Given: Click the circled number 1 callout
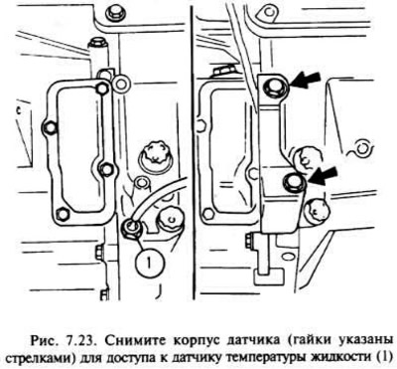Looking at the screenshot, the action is coord(149,262).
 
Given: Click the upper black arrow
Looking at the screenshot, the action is coord(306,82).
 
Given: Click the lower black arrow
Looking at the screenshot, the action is coord(323,176).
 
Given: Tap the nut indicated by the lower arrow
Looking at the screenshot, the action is coord(292,181).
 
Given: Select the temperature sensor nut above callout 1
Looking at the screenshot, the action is coord(131,229).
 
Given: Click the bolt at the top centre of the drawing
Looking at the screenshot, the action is coord(115,15).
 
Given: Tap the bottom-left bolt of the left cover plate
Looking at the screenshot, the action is coord(63,214).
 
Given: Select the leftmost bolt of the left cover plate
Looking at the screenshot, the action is coord(49,126).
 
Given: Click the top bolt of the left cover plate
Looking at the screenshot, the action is coord(102,89).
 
